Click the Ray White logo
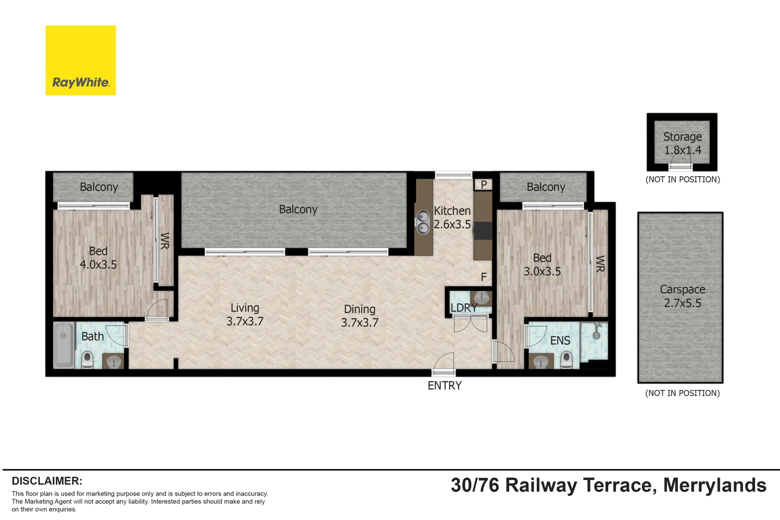[80, 61]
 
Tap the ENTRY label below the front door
[444, 386]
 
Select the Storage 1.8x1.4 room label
[682, 143]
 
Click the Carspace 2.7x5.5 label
[682, 296]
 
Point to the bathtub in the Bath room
[64, 345]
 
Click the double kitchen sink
[423, 222]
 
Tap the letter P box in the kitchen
[483, 184]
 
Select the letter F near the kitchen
[483, 277]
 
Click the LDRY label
[464, 308]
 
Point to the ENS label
[560, 341]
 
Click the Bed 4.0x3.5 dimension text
[98, 264]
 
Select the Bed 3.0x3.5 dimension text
[542, 272]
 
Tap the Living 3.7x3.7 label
[245, 314]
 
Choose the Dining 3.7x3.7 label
[360, 316]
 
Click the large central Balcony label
[298, 209]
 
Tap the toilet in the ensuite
[566, 359]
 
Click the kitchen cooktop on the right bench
[483, 231]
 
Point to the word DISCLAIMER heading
[47, 481]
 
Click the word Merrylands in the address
[715, 485]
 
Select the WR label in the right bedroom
[600, 264]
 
